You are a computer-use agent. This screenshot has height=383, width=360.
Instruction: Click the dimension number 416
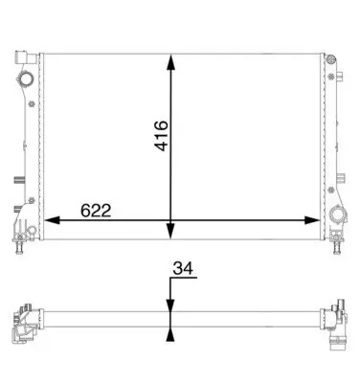click(x=161, y=136)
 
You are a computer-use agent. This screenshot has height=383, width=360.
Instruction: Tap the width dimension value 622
click(x=96, y=211)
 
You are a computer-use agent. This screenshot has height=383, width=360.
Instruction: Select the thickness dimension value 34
click(x=183, y=268)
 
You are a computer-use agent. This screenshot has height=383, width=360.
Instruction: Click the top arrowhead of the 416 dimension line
click(x=171, y=61)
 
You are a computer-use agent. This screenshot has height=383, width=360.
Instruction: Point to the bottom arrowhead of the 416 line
click(x=171, y=231)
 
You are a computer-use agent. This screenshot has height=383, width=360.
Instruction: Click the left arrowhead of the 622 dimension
click(x=52, y=220)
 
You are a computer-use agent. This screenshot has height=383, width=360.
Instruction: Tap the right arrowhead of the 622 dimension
click(x=312, y=220)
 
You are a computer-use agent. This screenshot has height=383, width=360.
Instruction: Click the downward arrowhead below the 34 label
click(x=171, y=304)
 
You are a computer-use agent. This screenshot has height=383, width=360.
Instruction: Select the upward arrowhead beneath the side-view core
click(x=171, y=334)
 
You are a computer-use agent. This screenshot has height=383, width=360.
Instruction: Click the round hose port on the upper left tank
click(x=25, y=79)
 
